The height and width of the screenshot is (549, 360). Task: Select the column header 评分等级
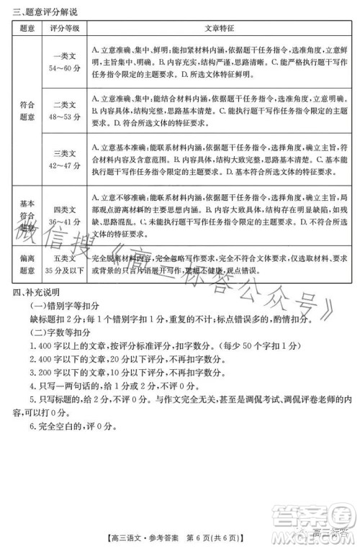pos(69,27)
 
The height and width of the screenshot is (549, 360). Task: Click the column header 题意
pos(27,27)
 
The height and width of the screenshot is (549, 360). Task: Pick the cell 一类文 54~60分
pos(69,61)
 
